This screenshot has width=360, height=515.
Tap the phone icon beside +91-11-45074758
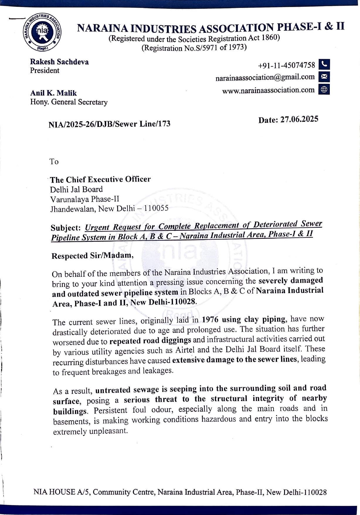point(324,64)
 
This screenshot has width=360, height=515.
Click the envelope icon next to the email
point(324,77)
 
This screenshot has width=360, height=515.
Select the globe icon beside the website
point(324,89)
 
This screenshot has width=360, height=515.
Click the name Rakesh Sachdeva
point(59,62)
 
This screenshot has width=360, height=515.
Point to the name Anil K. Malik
point(53,93)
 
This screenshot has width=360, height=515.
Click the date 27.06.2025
point(299,119)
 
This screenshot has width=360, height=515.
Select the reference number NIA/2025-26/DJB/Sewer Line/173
point(109,124)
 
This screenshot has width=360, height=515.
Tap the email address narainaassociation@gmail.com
point(265,77)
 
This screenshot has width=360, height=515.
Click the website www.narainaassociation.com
point(268,90)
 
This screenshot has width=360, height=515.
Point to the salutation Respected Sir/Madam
point(92,256)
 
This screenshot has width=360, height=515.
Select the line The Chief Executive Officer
point(100,179)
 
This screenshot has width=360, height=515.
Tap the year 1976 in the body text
point(210,319)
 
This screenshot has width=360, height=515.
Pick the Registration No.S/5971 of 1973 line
point(194,48)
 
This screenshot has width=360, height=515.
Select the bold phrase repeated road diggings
point(150,341)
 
